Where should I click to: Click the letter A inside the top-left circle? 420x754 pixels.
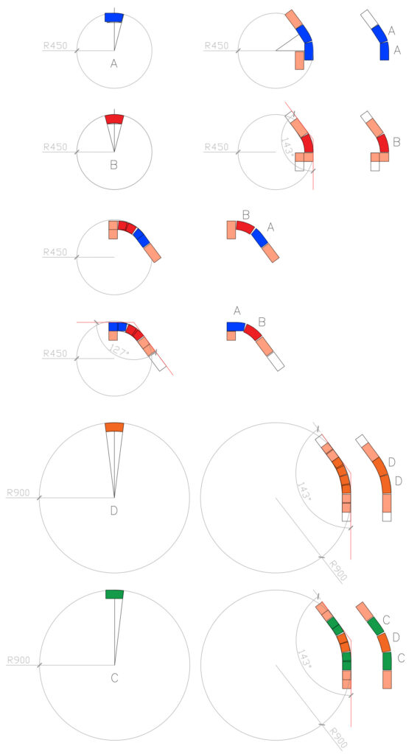114,63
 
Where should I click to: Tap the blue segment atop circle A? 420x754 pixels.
114,18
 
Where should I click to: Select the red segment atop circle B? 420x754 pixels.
114,119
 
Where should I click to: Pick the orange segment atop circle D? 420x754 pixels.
114,427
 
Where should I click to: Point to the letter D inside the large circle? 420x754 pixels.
114,510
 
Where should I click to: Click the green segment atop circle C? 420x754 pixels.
114,594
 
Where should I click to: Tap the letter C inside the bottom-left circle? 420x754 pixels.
114,678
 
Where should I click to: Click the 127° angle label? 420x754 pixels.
119,350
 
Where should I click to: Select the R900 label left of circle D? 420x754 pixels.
18,493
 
